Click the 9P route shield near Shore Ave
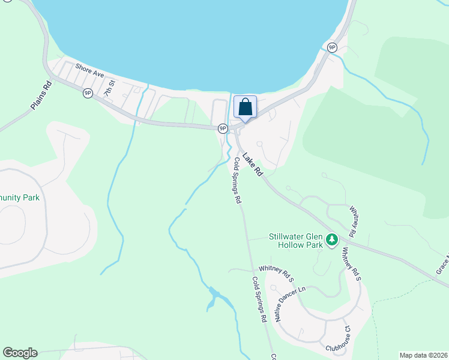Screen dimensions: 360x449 click(x=88, y=92)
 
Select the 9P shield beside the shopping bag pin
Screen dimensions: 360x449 click(x=223, y=128)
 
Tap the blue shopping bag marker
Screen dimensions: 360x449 click(x=245, y=107)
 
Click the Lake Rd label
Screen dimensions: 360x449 click(x=253, y=163)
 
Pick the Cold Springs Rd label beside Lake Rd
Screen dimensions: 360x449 click(x=238, y=181)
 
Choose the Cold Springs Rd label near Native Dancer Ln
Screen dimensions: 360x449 click(x=259, y=300)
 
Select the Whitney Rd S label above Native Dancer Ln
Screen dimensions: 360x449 click(x=276, y=274)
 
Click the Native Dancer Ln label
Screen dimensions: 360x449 click(x=290, y=304)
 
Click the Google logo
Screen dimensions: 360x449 click(x=20, y=353)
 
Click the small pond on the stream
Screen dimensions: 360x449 click(x=213, y=297)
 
